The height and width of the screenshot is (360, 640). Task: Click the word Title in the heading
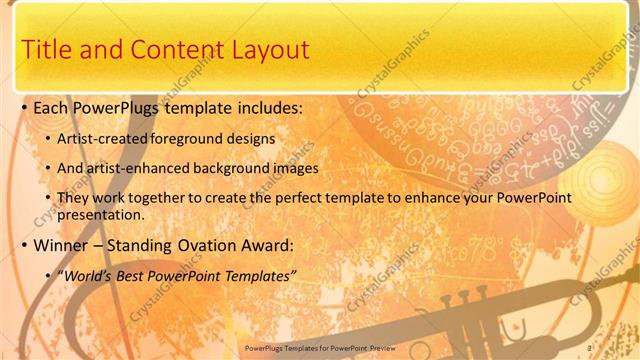47,49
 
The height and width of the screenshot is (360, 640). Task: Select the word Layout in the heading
265,49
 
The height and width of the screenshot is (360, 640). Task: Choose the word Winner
65,244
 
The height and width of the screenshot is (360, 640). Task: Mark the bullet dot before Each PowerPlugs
23,107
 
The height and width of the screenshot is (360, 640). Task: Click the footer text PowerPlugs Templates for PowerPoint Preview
319,347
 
